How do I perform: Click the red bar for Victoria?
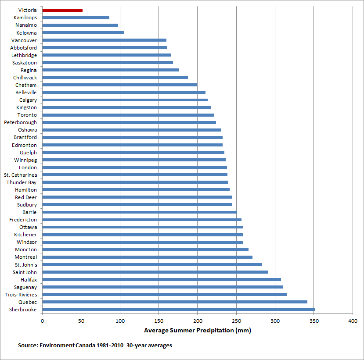[x=62, y=10]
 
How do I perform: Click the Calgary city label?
[x=28, y=100]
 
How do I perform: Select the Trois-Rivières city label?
[x=21, y=295]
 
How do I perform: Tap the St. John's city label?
[x=26, y=265]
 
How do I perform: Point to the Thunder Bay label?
[x=22, y=182]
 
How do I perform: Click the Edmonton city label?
[x=25, y=145]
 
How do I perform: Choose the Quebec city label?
[x=28, y=302]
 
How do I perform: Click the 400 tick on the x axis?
[x=353, y=321]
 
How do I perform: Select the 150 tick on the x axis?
[x=159, y=321]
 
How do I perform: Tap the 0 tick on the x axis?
[x=42, y=321]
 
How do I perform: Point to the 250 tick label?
[x=236, y=321]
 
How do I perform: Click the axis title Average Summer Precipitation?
[x=197, y=331]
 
